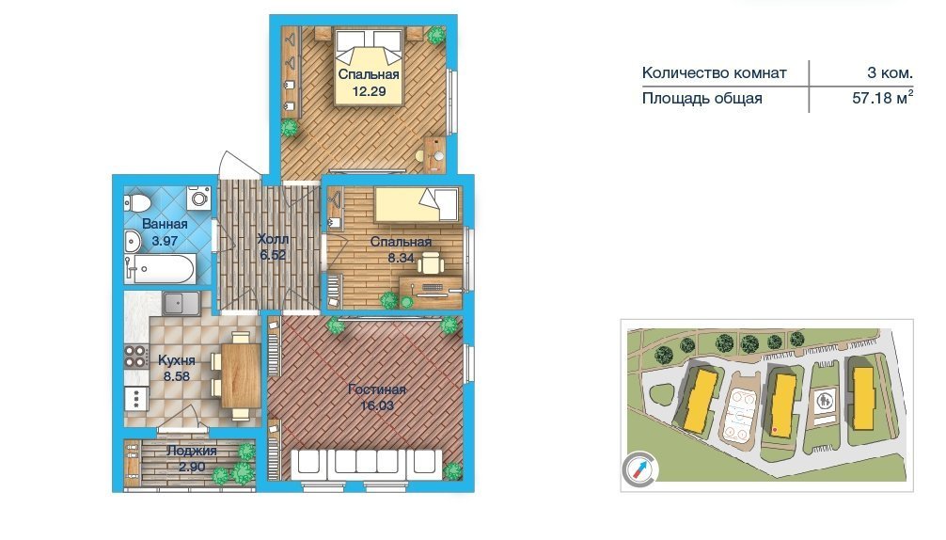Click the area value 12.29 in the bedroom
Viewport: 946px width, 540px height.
click(x=369, y=91)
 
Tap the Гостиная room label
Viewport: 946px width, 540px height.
click(x=376, y=389)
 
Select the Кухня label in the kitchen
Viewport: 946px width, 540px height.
click(x=176, y=360)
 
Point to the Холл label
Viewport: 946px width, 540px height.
click(x=273, y=240)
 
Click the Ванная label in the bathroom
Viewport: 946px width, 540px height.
click(x=165, y=224)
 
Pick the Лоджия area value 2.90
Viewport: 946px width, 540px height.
click(x=192, y=467)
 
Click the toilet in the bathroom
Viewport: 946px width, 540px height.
click(x=136, y=202)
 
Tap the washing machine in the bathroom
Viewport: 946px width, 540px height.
click(x=198, y=198)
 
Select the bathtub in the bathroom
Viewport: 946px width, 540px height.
click(x=160, y=269)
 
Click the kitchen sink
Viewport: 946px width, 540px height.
click(x=181, y=303)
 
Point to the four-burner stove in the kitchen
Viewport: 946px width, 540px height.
click(x=136, y=356)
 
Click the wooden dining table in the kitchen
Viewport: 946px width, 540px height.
click(x=241, y=375)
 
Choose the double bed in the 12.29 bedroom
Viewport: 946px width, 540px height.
click(x=369, y=67)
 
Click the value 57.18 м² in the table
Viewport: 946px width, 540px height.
click(x=882, y=97)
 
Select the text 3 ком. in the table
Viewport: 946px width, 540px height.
click(x=890, y=73)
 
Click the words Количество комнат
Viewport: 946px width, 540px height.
click(x=715, y=73)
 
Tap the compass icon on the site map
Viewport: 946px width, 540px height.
click(x=639, y=469)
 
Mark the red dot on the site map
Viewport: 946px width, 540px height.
click(x=775, y=430)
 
